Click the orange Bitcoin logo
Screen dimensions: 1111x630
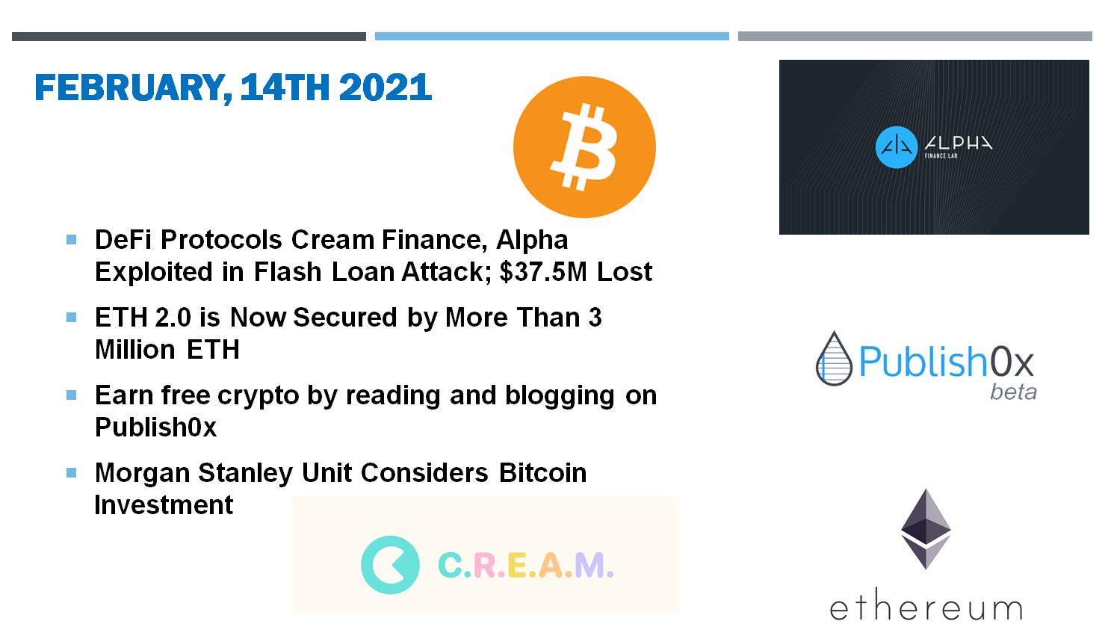coord(584,146)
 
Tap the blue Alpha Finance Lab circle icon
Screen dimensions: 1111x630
coord(897,147)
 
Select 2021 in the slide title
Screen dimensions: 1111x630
coord(386,87)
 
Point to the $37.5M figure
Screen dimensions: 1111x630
coord(543,272)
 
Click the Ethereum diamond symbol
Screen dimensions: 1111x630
coord(926,529)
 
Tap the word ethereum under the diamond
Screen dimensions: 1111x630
coord(926,605)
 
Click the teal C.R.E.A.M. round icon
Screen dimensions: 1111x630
coord(390,565)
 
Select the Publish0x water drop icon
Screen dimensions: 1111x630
coord(835,358)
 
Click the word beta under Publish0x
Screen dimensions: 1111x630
coord(1013,392)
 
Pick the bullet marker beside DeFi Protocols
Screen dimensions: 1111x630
coord(72,240)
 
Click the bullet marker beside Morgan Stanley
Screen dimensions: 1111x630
coord(72,473)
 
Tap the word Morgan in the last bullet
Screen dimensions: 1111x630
coord(143,474)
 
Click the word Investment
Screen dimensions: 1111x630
coord(164,505)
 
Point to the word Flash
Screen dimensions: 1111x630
coord(288,272)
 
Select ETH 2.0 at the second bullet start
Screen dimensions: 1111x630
coord(143,318)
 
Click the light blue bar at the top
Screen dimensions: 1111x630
coord(552,36)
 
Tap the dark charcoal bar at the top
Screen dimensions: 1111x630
coord(189,37)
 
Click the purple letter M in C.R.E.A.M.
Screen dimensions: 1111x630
coord(589,565)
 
